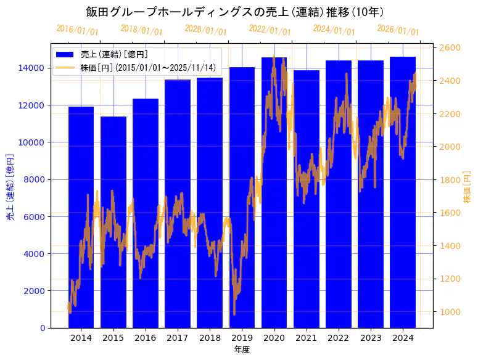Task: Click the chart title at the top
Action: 239,12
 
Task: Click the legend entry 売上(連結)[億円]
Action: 114,54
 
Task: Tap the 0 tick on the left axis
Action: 43,328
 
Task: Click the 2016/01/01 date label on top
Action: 77,30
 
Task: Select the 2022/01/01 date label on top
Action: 270,30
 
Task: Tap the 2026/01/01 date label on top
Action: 398,30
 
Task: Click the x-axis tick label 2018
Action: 210,338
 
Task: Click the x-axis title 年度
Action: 242,350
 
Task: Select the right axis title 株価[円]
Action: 468,188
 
